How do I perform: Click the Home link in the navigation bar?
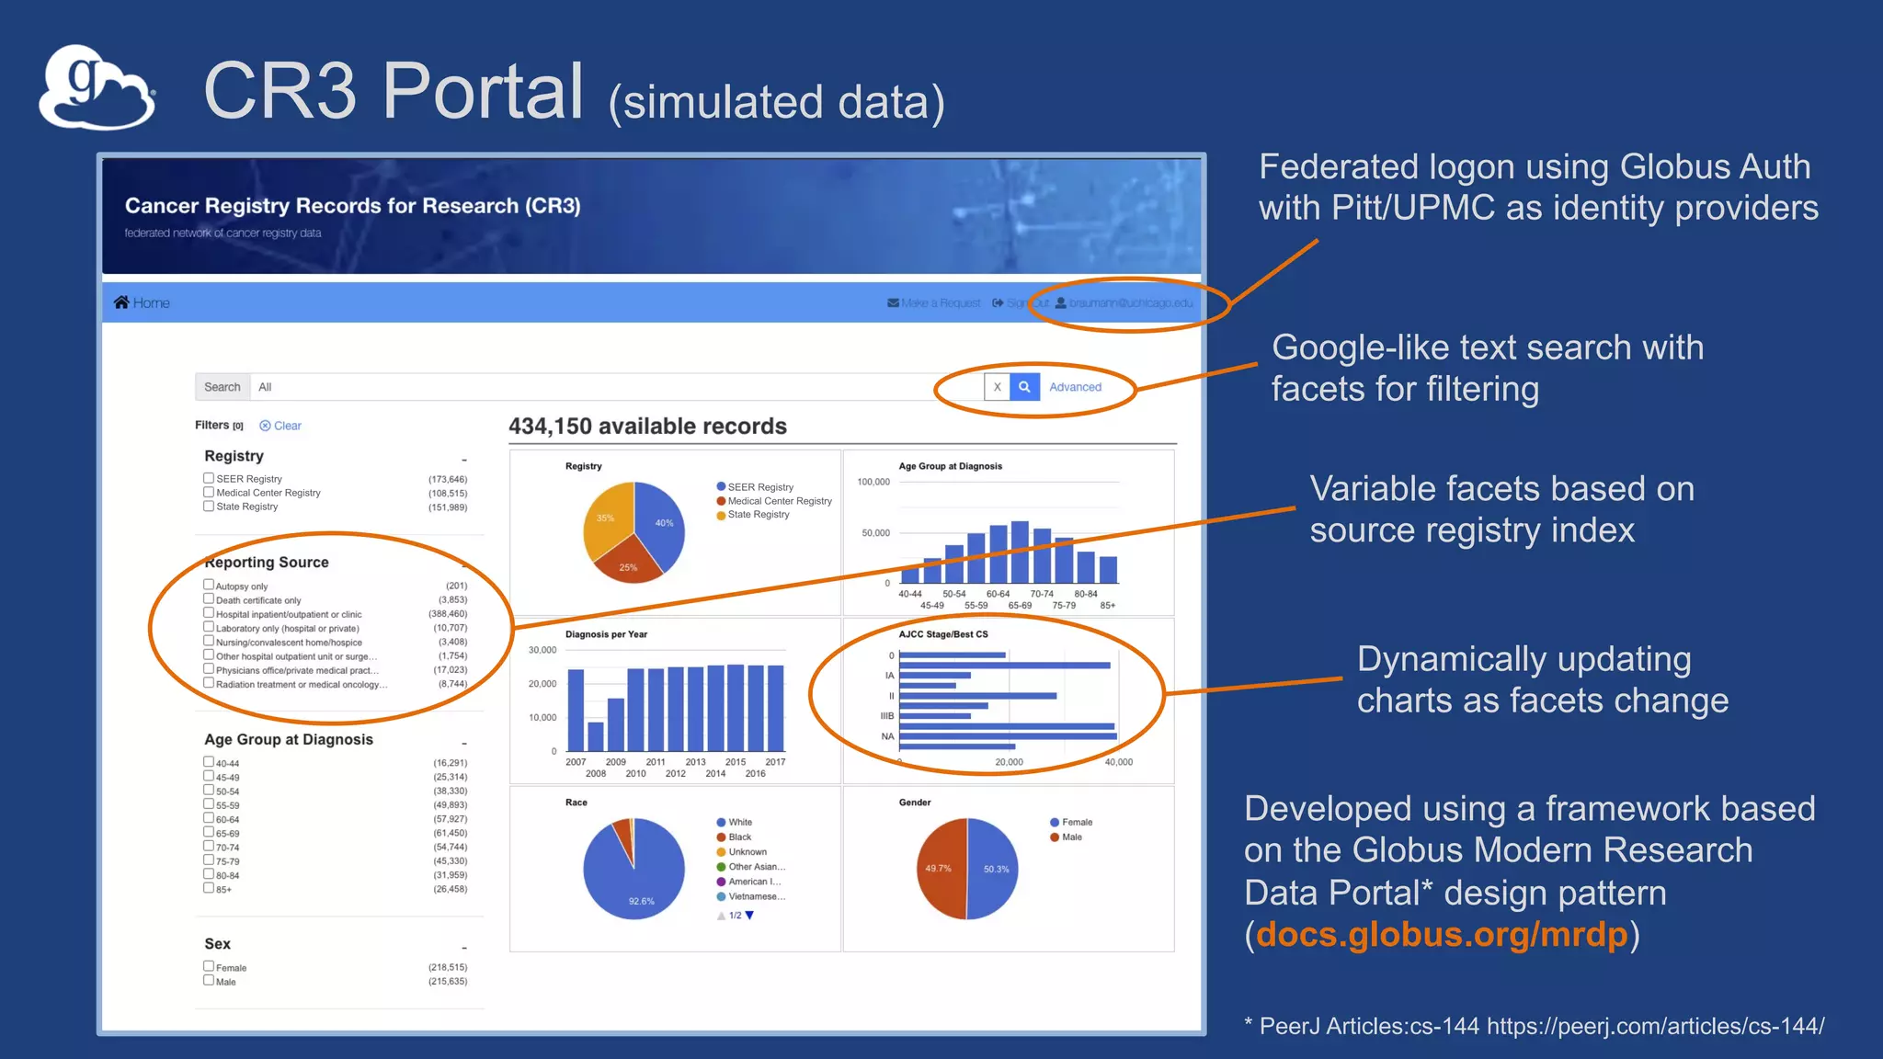143,302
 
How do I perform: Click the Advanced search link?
1075,387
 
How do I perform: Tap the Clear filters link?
281,426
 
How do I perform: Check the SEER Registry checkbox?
209,478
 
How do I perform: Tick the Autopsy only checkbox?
209,585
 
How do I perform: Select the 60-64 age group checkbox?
209,818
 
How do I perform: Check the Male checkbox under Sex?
209,981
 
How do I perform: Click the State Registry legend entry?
757,515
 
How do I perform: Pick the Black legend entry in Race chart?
739,837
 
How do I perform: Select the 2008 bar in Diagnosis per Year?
596,736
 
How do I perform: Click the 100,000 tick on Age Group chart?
873,482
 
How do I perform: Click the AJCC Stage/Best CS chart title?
942,634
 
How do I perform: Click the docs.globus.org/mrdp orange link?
1441,935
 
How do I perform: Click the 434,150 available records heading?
647,427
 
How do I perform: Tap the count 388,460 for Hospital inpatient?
448,614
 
